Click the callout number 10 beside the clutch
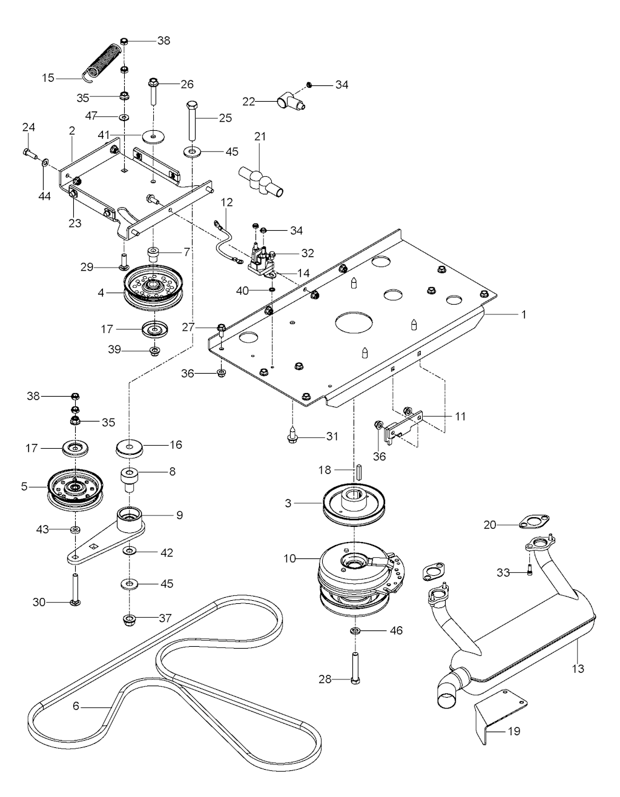[290, 558]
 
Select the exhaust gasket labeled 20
[533, 521]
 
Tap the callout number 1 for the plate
[524, 315]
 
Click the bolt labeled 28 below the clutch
[355, 667]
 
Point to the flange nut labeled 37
[129, 619]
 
